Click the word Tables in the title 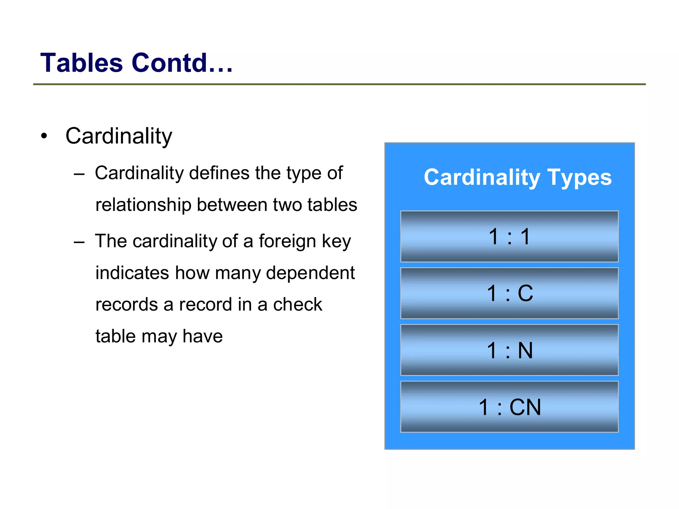[x=82, y=63]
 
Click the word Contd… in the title [x=182, y=63]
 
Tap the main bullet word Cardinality [x=119, y=136]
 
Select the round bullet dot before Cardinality [x=44, y=136]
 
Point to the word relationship [x=143, y=205]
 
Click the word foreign [x=287, y=241]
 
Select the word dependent [x=310, y=273]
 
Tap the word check [x=297, y=304]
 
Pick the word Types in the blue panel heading [x=580, y=177]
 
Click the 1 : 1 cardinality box [x=509, y=236]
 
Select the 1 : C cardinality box [x=509, y=293]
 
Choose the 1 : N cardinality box [x=509, y=350]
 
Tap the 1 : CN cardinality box [x=509, y=407]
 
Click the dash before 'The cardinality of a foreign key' [x=79, y=242]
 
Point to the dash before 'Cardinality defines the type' [x=79, y=174]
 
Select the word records [x=127, y=304]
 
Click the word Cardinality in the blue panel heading [x=482, y=177]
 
